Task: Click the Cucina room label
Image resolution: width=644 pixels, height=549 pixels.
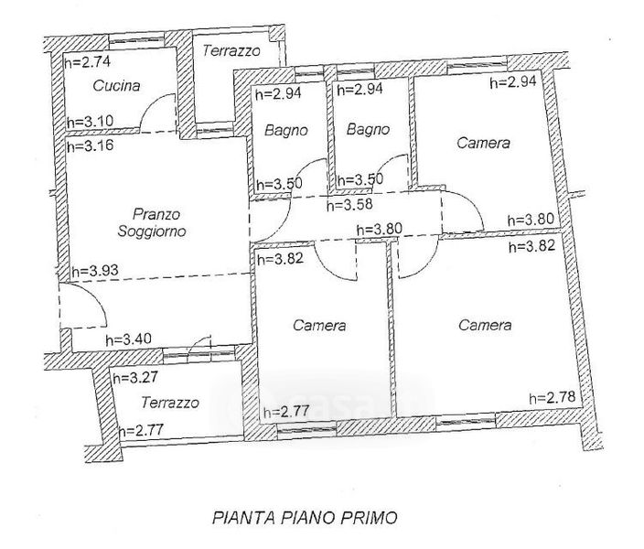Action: (x=117, y=85)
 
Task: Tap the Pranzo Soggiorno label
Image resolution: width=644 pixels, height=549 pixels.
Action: (x=152, y=222)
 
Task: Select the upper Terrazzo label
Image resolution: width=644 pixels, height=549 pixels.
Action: (x=231, y=51)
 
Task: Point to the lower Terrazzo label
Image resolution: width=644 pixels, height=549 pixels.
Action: (x=170, y=403)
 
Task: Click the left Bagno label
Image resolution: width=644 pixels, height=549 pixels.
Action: (x=285, y=130)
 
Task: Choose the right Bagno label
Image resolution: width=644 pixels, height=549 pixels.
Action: (x=368, y=129)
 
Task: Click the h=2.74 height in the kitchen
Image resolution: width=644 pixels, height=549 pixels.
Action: (x=88, y=61)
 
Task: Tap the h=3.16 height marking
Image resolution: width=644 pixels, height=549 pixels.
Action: (x=90, y=145)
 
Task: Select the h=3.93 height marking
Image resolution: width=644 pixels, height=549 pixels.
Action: (x=95, y=271)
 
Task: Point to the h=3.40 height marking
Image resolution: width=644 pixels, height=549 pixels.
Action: (x=129, y=339)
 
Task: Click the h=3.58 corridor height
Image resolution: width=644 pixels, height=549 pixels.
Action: (x=349, y=204)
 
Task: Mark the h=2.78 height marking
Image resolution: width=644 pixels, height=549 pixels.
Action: (x=553, y=397)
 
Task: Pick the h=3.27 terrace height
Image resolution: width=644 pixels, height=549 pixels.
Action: (x=135, y=377)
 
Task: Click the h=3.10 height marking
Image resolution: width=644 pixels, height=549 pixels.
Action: (x=90, y=121)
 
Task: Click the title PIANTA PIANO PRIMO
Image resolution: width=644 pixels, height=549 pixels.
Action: (x=305, y=517)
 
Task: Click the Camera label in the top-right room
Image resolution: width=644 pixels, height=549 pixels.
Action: (x=483, y=143)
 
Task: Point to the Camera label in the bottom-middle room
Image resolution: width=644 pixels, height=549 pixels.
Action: (x=319, y=326)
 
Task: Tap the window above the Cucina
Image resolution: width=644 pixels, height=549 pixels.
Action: (x=136, y=40)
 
